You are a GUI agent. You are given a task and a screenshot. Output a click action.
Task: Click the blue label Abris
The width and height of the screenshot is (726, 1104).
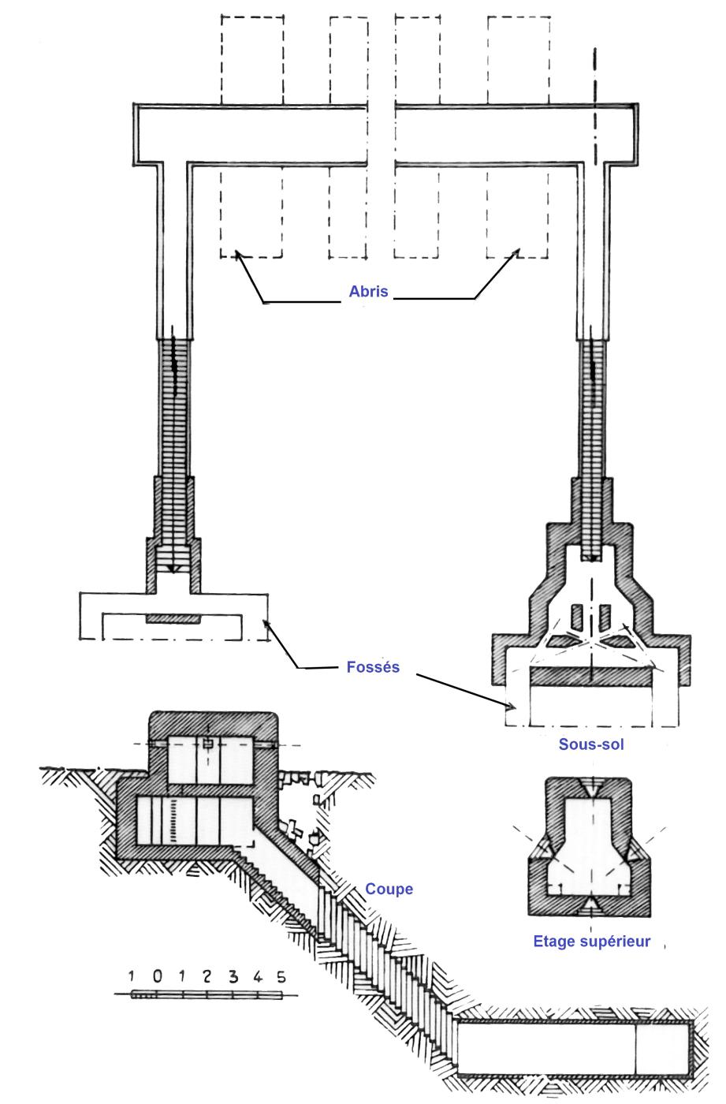click(368, 291)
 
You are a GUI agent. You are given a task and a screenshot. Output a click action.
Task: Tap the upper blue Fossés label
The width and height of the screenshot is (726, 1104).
click(373, 667)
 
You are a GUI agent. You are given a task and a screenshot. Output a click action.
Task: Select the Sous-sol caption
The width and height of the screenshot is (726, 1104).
click(591, 744)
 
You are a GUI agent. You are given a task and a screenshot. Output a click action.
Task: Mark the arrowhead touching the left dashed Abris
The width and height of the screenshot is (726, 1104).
click(238, 254)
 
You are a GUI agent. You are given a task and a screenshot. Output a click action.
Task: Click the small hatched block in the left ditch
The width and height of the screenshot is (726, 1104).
click(173, 618)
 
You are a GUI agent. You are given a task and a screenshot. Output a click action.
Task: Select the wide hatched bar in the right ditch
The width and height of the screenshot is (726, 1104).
click(591, 677)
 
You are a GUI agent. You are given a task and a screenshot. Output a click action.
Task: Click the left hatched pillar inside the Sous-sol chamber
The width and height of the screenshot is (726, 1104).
click(577, 617)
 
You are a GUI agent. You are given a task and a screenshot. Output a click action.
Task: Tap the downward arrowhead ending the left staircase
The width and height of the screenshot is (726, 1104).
click(171, 569)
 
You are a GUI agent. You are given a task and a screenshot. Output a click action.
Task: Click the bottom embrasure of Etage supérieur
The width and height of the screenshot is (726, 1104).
click(590, 903)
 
